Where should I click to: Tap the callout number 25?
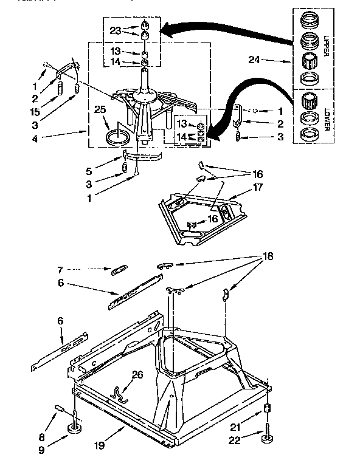coord(100,109)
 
